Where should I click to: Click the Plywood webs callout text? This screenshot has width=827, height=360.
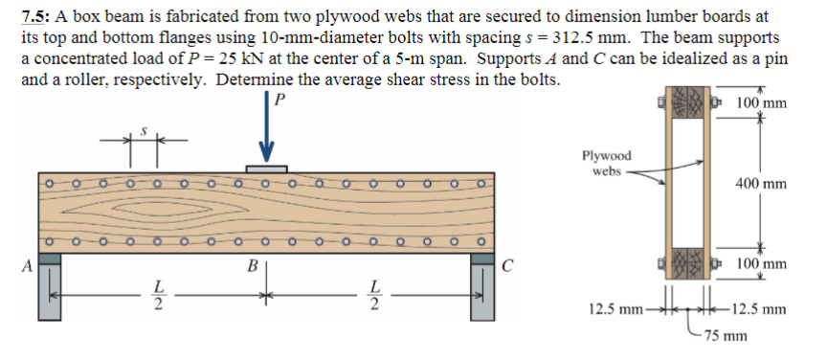pos(605,163)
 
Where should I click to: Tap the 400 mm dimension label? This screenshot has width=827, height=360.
pos(762,183)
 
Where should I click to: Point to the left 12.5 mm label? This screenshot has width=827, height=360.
pos(615,309)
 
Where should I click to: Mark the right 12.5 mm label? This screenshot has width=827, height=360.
pos(761,309)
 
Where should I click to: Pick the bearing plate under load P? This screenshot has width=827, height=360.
pos(267,169)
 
